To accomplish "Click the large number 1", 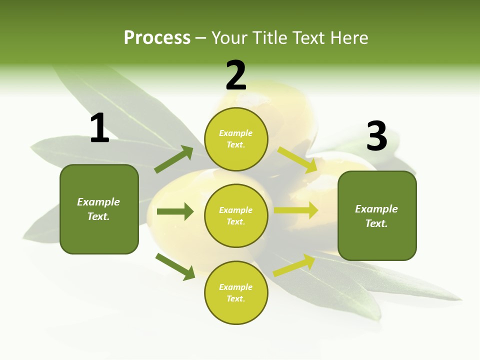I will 99,128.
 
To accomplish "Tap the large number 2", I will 236,75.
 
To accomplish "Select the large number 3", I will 376,136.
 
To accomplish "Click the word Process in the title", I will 157,37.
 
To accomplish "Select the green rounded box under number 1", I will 99,209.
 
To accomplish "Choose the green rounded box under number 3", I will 377,215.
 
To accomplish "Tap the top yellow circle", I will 236,139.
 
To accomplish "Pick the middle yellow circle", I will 236,215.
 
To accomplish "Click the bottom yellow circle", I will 236,292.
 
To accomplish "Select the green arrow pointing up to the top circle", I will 174,159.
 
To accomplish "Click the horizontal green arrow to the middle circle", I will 175,211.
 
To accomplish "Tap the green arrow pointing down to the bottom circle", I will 175,266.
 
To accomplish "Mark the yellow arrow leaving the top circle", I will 297,159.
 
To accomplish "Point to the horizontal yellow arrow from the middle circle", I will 296,210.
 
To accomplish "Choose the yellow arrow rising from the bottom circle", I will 294,265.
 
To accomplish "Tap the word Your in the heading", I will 229,37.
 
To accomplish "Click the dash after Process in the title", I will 201,38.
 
